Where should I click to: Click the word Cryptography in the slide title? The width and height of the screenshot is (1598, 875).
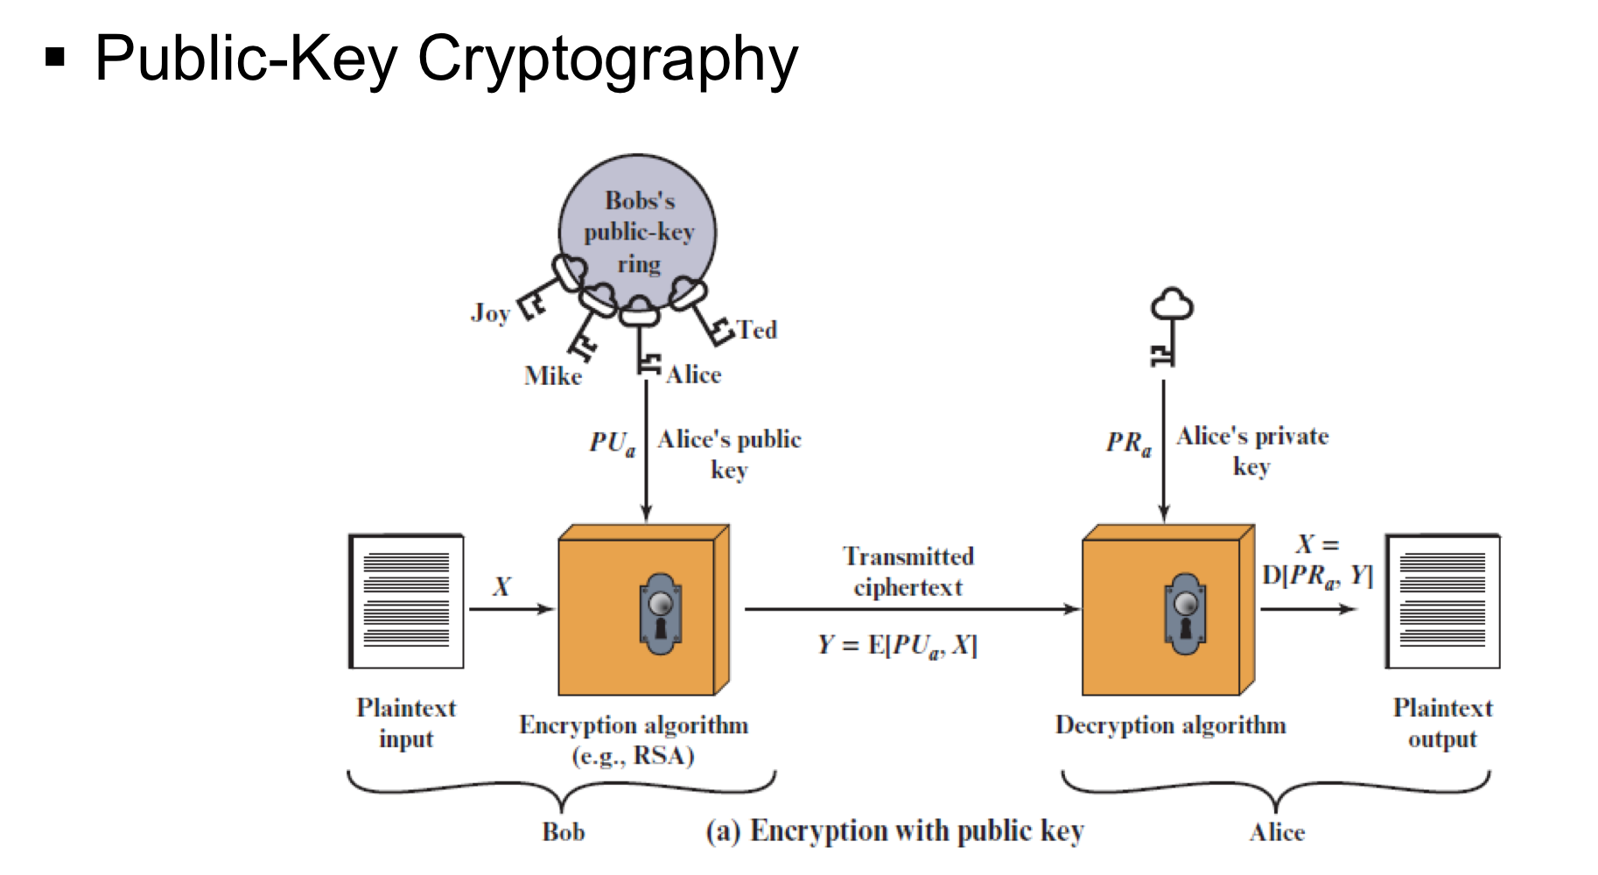[x=607, y=59]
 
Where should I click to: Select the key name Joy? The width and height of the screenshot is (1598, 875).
[x=490, y=313]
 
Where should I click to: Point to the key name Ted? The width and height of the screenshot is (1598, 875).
[x=757, y=330]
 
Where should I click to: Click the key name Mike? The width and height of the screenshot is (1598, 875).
[x=553, y=376]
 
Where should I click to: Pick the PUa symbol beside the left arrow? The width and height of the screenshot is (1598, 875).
[x=612, y=444]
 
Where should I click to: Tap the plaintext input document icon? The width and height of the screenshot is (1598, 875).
[x=407, y=601]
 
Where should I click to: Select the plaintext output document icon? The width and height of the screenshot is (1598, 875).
[x=1442, y=601]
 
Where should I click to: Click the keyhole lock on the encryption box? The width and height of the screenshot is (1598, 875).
[x=661, y=613]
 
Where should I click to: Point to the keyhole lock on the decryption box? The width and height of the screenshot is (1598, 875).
[x=1186, y=613]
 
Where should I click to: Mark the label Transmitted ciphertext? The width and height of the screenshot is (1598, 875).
[x=908, y=571]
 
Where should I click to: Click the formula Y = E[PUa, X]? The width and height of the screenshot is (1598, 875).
[x=897, y=646]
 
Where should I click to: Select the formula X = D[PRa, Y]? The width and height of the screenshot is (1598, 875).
[x=1317, y=561]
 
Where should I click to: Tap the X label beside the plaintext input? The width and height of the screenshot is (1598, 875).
[x=501, y=586]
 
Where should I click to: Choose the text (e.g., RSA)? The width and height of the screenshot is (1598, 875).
[x=634, y=755]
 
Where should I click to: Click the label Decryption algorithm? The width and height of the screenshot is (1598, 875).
[x=1170, y=725]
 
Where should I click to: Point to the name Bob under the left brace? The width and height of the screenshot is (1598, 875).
[x=563, y=831]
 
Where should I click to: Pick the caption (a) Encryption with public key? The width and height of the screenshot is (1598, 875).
[x=894, y=830]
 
